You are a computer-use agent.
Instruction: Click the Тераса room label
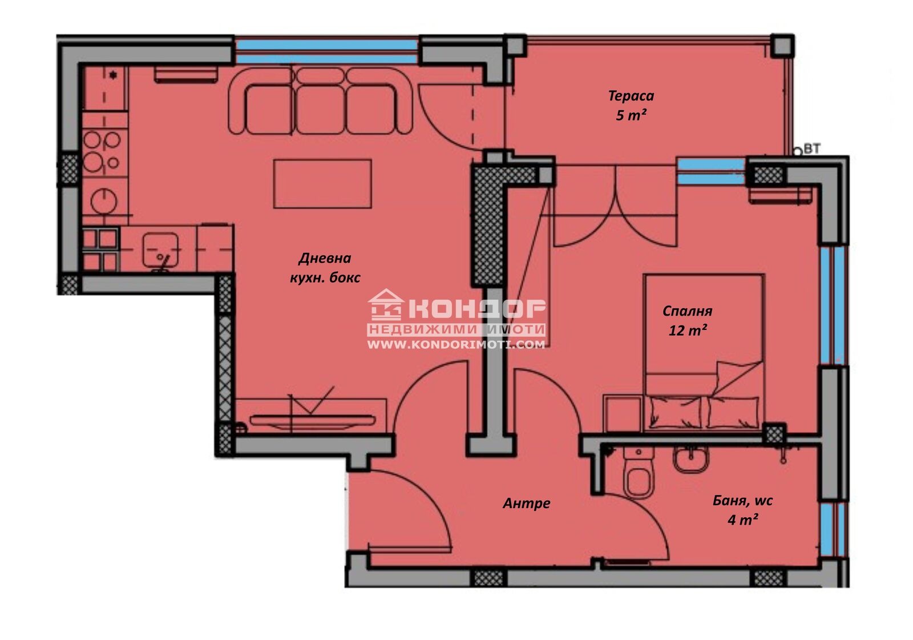point(631,96)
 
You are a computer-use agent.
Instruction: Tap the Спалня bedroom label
point(687,311)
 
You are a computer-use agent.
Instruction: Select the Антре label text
point(526,504)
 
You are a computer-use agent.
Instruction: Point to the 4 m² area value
point(742,520)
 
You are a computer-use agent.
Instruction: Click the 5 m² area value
point(631,115)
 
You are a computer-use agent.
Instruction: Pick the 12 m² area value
point(687,331)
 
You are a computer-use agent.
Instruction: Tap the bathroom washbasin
point(690,459)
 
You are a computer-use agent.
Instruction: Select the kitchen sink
point(160,249)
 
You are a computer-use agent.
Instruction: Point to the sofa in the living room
point(320,100)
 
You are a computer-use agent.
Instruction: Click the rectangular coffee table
point(322,184)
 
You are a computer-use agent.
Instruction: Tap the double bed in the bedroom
point(704,352)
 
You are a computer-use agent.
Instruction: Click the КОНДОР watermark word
point(476,309)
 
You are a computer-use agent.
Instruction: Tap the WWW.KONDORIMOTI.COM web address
point(456,345)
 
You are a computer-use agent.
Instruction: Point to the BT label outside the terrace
point(812,149)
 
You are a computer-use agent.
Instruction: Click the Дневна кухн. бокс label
point(325,268)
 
